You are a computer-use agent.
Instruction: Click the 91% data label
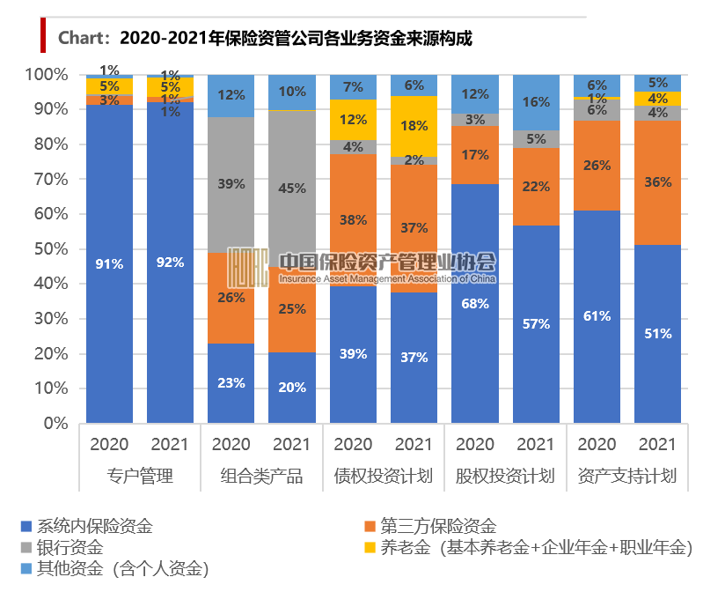[x=110, y=263]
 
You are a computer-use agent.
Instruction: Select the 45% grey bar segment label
[x=292, y=188]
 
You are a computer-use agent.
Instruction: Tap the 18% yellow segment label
[x=414, y=126]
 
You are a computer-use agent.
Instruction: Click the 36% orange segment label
[x=657, y=182]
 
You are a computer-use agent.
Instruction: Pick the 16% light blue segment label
[x=535, y=102]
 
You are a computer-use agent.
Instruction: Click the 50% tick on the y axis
[x=49, y=249]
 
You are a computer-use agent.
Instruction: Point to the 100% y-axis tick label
[x=46, y=75]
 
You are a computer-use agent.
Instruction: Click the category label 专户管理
[x=140, y=477]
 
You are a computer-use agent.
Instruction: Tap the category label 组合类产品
[x=261, y=477]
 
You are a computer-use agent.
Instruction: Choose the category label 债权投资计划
[x=383, y=477]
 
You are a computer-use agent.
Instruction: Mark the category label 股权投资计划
[x=505, y=477]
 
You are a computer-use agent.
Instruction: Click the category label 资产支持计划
[x=626, y=477]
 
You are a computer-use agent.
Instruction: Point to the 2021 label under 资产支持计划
[x=657, y=444]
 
